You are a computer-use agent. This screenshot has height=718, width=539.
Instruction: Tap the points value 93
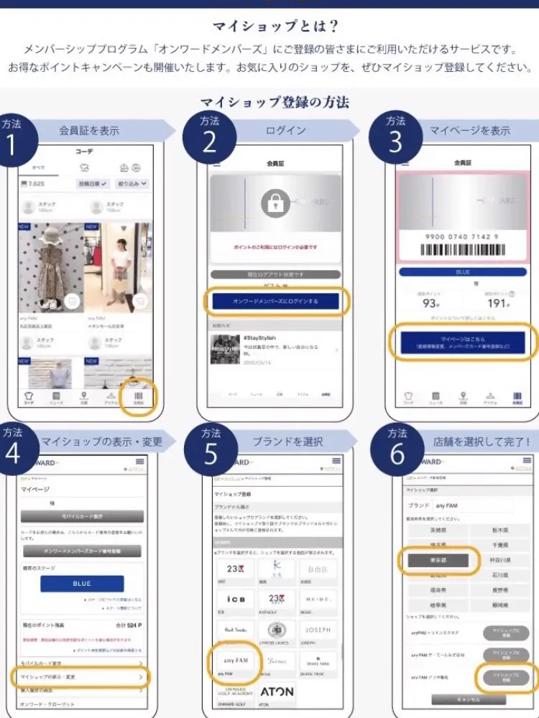click(429, 304)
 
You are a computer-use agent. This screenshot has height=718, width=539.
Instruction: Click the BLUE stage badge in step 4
click(82, 583)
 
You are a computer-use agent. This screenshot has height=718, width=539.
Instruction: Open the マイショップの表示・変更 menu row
click(79, 676)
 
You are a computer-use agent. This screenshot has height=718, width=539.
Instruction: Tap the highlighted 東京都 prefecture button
click(438, 559)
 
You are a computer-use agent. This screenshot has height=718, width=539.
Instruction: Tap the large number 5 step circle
click(209, 460)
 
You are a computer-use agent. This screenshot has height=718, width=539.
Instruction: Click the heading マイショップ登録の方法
click(275, 102)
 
